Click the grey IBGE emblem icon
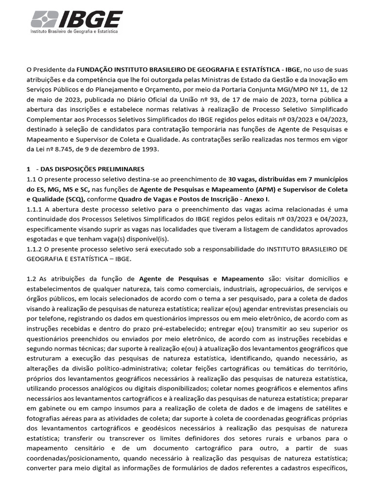click(43, 20)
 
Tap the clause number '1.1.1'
click(35, 209)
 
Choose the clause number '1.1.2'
click(35, 249)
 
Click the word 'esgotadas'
click(42, 239)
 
